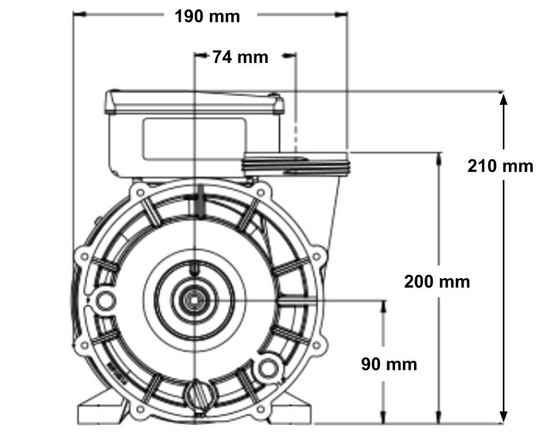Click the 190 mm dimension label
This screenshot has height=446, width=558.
coord(207,17)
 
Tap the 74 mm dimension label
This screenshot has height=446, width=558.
coord(240,57)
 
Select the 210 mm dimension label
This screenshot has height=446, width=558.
coord(501,166)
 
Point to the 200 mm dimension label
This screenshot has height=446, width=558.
coord(437,282)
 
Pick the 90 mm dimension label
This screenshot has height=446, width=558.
coord(389,365)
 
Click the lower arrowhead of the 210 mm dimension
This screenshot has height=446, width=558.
coord(503,415)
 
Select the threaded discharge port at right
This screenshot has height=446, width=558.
coord(295,164)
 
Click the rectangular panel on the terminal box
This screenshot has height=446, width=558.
coord(194,139)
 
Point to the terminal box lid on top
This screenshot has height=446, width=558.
coord(194,103)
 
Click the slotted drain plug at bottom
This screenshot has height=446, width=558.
coord(200,394)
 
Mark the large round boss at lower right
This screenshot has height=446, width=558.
coord(268,369)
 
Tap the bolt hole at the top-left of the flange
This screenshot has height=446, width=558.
coord(141,193)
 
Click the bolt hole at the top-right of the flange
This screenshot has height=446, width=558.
coord(261,193)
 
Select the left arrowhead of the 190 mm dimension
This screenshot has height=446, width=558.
coord(79,14)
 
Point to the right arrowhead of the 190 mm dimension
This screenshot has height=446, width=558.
coord(341,14)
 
